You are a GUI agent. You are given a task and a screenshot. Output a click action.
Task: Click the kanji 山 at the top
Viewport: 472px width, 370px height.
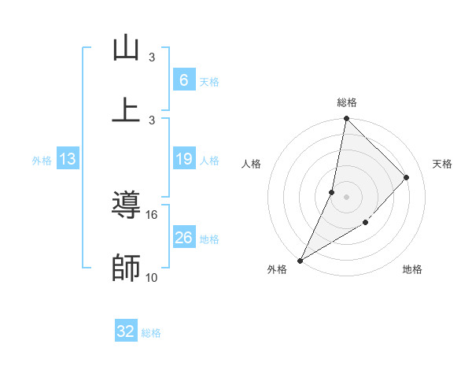(x=126, y=48)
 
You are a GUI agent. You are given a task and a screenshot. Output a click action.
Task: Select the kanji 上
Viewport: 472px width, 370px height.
(x=126, y=109)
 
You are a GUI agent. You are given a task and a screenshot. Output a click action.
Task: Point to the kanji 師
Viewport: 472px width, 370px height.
(x=126, y=267)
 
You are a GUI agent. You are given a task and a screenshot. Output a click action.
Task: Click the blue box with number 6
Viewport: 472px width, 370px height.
(x=183, y=80)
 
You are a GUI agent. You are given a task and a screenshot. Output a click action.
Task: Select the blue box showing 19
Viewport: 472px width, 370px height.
(x=183, y=159)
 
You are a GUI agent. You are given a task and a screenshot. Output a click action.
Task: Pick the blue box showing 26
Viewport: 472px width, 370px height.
(x=183, y=237)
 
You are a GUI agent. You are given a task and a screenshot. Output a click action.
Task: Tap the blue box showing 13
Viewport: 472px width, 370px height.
(x=68, y=159)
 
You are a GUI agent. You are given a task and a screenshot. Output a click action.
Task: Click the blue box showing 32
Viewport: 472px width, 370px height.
(x=126, y=331)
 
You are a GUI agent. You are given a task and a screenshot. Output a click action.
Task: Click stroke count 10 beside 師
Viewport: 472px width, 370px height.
(x=152, y=277)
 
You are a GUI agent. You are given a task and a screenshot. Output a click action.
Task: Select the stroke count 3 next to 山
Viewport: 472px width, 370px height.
(x=152, y=57)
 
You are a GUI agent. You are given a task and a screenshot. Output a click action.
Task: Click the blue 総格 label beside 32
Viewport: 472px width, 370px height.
(x=151, y=333)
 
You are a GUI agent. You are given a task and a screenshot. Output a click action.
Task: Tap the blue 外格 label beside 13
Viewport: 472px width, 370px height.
(x=42, y=161)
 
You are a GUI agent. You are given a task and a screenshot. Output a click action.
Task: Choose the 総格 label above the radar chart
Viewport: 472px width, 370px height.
(x=346, y=102)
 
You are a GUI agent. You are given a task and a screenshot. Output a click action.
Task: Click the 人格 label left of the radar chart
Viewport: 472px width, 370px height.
(x=252, y=164)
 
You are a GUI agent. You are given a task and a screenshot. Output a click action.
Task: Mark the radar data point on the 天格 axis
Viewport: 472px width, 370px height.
(x=407, y=177)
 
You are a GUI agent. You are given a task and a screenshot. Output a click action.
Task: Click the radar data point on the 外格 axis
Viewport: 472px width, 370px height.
(x=300, y=261)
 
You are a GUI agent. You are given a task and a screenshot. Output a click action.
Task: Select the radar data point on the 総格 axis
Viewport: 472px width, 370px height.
(x=346, y=119)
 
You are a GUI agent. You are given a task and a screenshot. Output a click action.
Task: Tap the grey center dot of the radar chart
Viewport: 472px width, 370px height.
(x=346, y=197)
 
